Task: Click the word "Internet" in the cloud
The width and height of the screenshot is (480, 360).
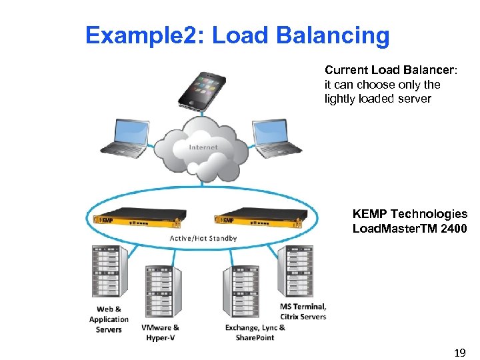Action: point(203,147)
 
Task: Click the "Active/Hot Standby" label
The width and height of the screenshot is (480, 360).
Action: point(203,238)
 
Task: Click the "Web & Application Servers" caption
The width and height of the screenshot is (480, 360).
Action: point(109,319)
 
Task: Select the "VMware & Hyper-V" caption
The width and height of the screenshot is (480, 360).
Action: point(160,333)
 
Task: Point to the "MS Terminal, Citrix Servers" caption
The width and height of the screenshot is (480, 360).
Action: point(303,311)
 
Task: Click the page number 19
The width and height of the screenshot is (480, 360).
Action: point(459,351)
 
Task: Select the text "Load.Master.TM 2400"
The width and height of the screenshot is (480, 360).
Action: point(409,229)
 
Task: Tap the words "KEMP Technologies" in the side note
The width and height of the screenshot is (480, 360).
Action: point(409,214)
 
